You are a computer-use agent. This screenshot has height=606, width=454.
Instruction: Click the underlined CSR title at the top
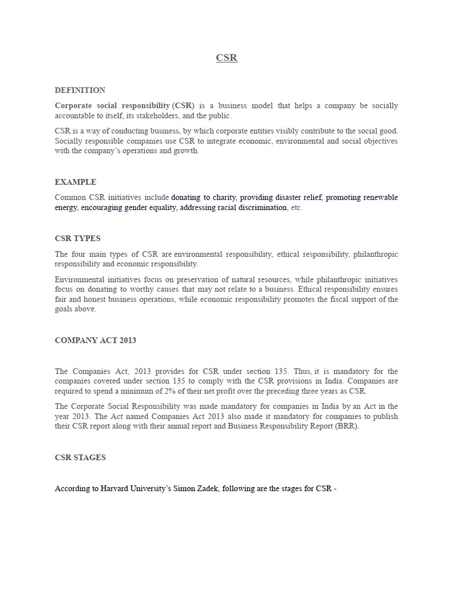click(x=226, y=58)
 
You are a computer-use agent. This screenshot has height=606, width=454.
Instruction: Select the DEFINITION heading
click(x=80, y=91)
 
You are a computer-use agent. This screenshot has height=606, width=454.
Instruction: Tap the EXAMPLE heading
click(x=76, y=182)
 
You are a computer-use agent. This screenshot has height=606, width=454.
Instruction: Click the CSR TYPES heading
click(x=77, y=238)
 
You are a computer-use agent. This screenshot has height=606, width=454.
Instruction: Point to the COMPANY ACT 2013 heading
click(x=95, y=340)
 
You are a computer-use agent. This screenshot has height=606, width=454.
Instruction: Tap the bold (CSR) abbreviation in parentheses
click(x=183, y=105)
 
